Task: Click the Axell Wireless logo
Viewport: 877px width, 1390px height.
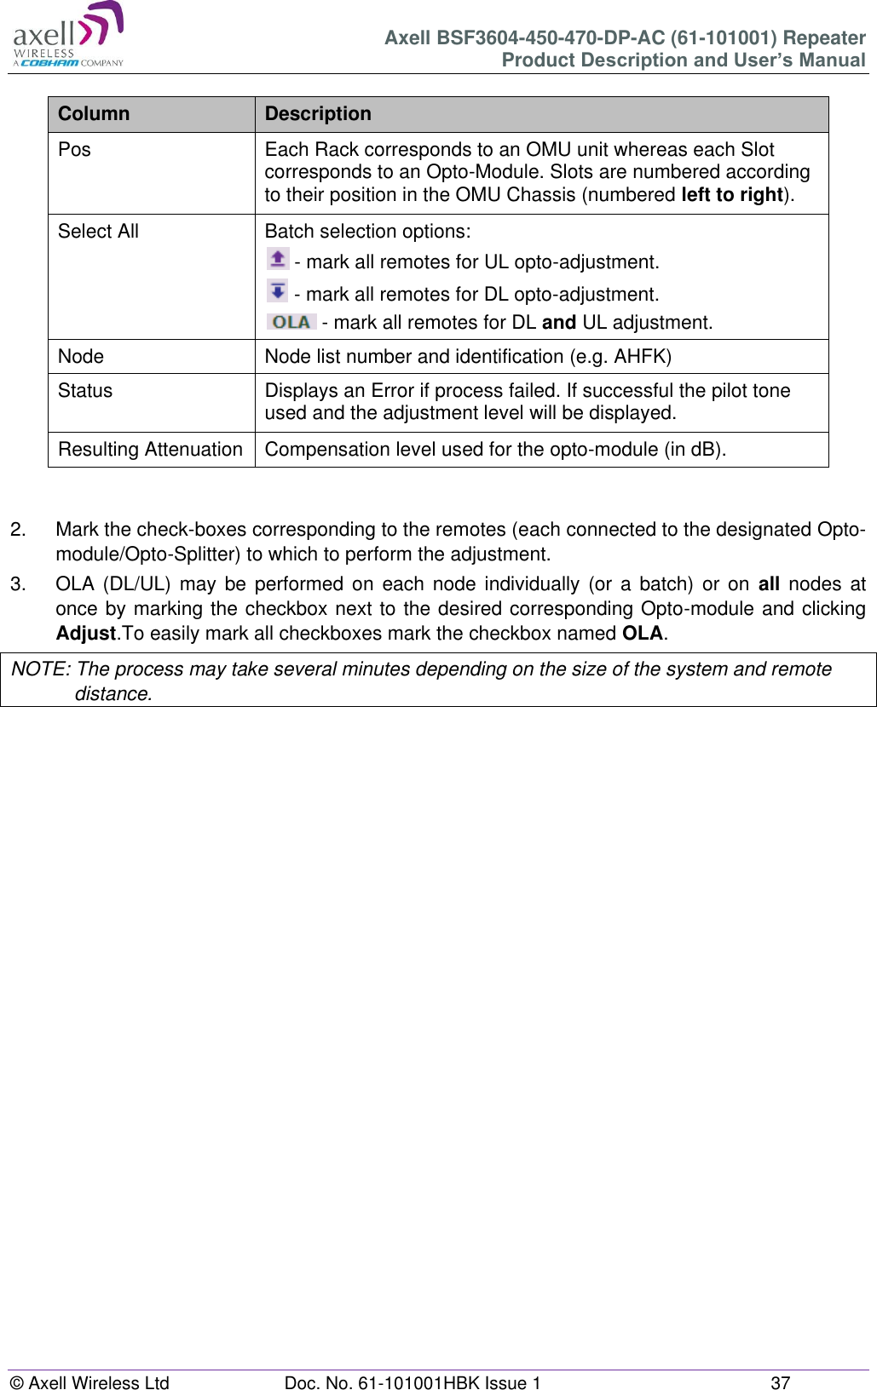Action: [x=68, y=36]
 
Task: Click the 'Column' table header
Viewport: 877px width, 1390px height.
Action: [x=94, y=114]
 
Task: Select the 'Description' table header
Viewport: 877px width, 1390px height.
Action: [x=318, y=114]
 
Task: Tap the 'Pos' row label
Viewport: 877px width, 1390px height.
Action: [x=74, y=150]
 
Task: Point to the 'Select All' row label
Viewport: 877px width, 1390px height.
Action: [x=98, y=232]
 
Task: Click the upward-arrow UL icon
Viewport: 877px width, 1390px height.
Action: [x=277, y=259]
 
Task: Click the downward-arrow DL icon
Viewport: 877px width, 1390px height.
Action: [x=277, y=291]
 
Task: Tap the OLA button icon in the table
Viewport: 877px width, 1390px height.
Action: [x=291, y=322]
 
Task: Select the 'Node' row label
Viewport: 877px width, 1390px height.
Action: [x=81, y=357]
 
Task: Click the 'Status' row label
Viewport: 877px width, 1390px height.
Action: [x=85, y=391]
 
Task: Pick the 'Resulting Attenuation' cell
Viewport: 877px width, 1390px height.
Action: [x=150, y=450]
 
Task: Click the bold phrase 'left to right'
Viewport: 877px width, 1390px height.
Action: [x=732, y=195]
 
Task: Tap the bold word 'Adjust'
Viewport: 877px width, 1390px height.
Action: [x=85, y=634]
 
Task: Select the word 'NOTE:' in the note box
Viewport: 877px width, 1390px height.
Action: [x=40, y=669]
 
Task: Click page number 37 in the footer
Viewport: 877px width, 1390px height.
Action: [x=780, y=1383]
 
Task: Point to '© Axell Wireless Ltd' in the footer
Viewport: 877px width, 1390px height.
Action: [x=89, y=1383]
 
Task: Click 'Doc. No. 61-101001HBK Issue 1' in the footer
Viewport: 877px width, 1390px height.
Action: [x=413, y=1383]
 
